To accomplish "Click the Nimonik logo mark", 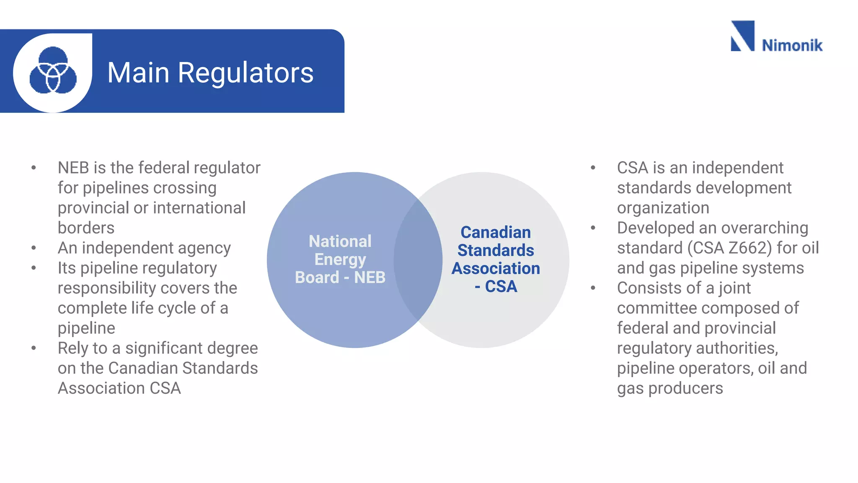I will (742, 36).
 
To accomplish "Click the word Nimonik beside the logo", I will (792, 45).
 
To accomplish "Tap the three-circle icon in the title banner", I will (53, 70).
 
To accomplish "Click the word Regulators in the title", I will (246, 73).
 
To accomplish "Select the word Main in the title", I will (138, 73).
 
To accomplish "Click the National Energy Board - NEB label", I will (340, 260).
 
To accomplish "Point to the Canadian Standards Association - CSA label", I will (496, 260).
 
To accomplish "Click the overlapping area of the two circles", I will (418, 260).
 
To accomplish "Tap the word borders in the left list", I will (86, 228).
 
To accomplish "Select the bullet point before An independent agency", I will (34, 248).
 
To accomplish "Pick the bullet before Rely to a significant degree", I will (34, 348).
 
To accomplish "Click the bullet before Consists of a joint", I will (593, 288).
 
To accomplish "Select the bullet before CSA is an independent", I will (593, 168).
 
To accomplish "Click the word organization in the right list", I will (663, 208).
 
